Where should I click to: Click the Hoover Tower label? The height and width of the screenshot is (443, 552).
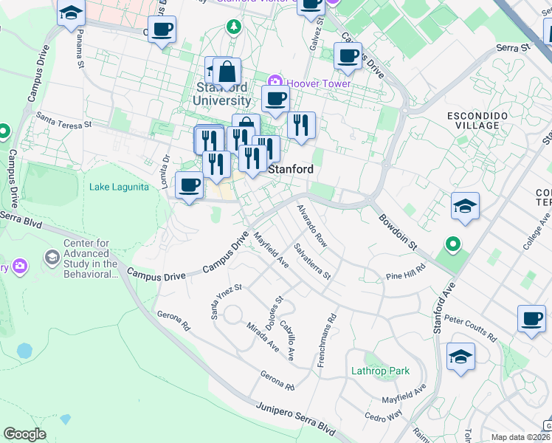[319, 83]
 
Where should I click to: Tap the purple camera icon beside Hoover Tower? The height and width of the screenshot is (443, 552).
[275, 81]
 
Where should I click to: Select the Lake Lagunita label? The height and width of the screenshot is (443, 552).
[119, 187]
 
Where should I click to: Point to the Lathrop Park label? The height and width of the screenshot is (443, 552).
[379, 370]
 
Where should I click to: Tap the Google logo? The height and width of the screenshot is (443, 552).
[25, 434]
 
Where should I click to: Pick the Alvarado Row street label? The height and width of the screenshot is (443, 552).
[311, 225]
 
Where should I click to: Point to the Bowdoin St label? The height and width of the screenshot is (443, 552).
[399, 230]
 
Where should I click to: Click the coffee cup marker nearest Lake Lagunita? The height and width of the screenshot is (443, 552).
[190, 185]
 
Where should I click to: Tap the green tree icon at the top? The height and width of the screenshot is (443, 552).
[234, 27]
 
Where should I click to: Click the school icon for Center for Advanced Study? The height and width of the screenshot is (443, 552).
[52, 258]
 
